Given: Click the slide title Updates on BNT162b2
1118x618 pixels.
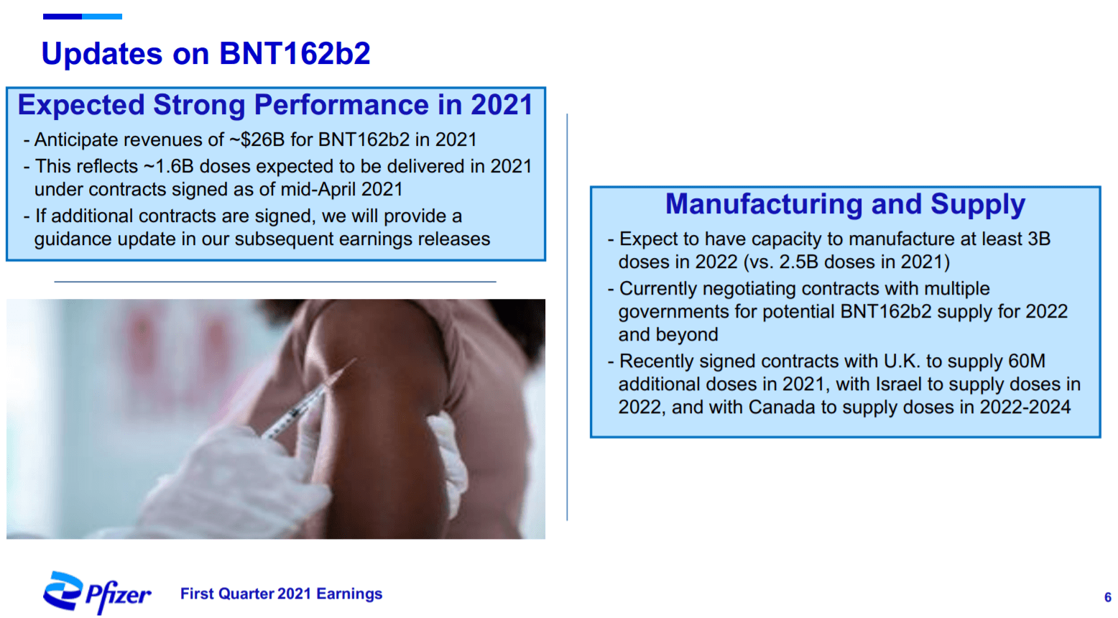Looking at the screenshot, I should tap(205, 54).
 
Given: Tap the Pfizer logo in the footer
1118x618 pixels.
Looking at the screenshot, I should tap(98, 593).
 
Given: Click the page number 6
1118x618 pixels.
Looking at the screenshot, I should tap(1107, 597).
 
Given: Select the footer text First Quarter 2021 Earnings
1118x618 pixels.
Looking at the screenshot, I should tap(281, 594).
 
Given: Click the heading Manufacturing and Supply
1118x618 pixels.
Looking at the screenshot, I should tap(845, 204).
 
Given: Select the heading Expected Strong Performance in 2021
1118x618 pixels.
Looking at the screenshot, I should tap(275, 105).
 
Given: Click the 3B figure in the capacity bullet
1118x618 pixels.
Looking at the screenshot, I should tap(1039, 239).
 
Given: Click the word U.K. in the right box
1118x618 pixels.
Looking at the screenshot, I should tap(902, 361).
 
